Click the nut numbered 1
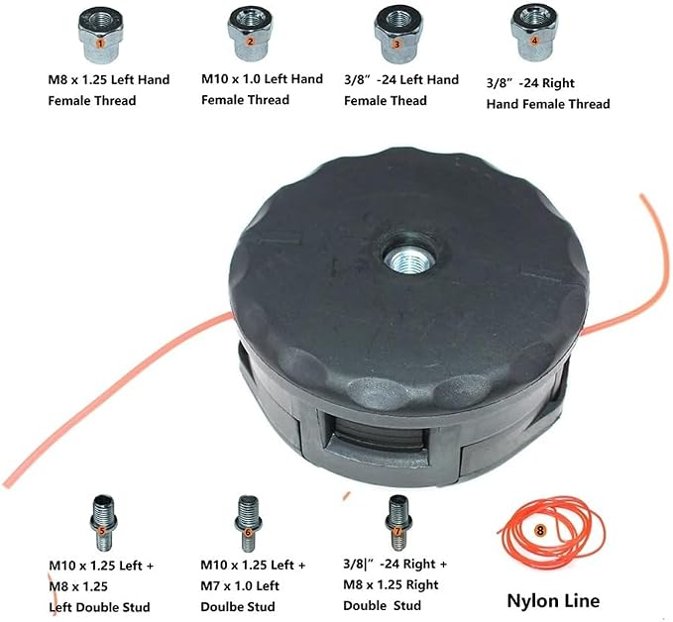point(100,37)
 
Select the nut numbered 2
point(250,35)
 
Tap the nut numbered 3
point(396,36)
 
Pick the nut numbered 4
point(534,35)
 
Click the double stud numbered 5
point(102,523)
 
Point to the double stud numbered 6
point(248,523)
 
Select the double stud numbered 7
point(398,523)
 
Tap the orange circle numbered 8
point(540,531)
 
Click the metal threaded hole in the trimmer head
point(408,259)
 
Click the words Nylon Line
point(553,600)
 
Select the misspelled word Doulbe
point(220,606)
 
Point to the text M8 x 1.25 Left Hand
point(109,80)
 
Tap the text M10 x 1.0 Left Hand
point(263,79)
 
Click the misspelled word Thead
point(409,101)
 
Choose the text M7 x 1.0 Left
point(240,586)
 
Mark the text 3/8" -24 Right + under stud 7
point(394,565)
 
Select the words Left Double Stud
point(99,607)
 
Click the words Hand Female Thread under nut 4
point(548,104)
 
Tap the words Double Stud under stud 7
point(382,606)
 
